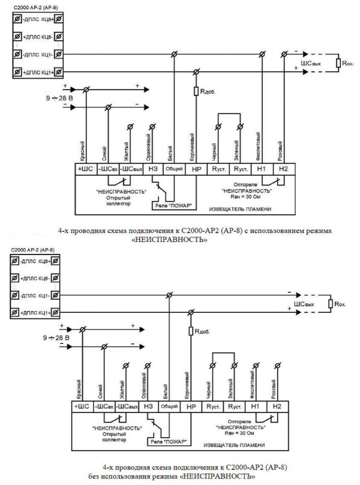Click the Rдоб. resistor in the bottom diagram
click(190, 331)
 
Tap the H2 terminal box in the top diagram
click(284, 169)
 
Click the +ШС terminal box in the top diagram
click(83, 169)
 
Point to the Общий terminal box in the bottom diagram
click(170, 406)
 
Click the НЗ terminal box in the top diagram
click(152, 169)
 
